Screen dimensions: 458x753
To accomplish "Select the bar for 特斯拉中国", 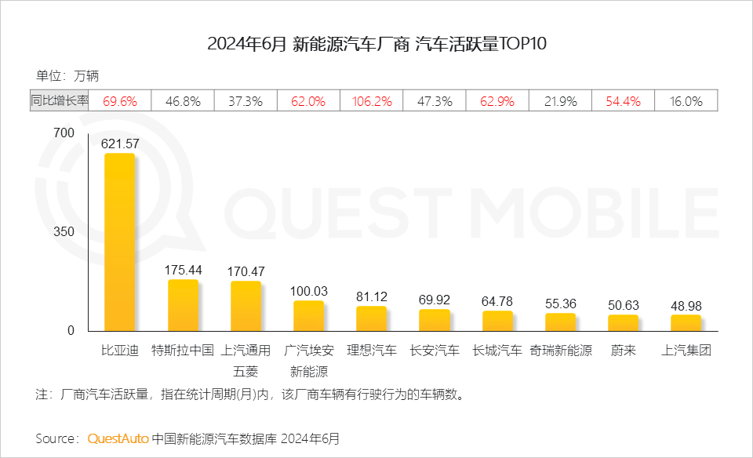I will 183,305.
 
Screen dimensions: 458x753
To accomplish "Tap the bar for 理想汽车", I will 371,318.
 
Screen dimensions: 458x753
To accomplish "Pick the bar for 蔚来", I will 623,322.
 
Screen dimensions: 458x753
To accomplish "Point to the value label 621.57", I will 120,144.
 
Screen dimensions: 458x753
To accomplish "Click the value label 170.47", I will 246,271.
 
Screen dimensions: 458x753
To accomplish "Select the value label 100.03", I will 308,291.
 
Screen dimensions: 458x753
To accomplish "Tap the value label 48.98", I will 686,305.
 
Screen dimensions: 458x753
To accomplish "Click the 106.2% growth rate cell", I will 371,101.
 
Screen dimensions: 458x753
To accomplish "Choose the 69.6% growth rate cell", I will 120,101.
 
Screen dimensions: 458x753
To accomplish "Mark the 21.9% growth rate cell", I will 560,101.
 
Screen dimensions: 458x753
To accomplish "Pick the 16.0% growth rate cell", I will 686,101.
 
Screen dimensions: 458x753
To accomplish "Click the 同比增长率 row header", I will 60,101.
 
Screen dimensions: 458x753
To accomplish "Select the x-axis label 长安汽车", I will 434,351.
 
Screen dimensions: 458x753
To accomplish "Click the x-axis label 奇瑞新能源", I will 560,351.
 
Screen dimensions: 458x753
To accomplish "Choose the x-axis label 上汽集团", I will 686,351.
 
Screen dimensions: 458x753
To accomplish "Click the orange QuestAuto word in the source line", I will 118,438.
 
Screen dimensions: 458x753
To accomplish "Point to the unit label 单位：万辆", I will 67,76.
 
